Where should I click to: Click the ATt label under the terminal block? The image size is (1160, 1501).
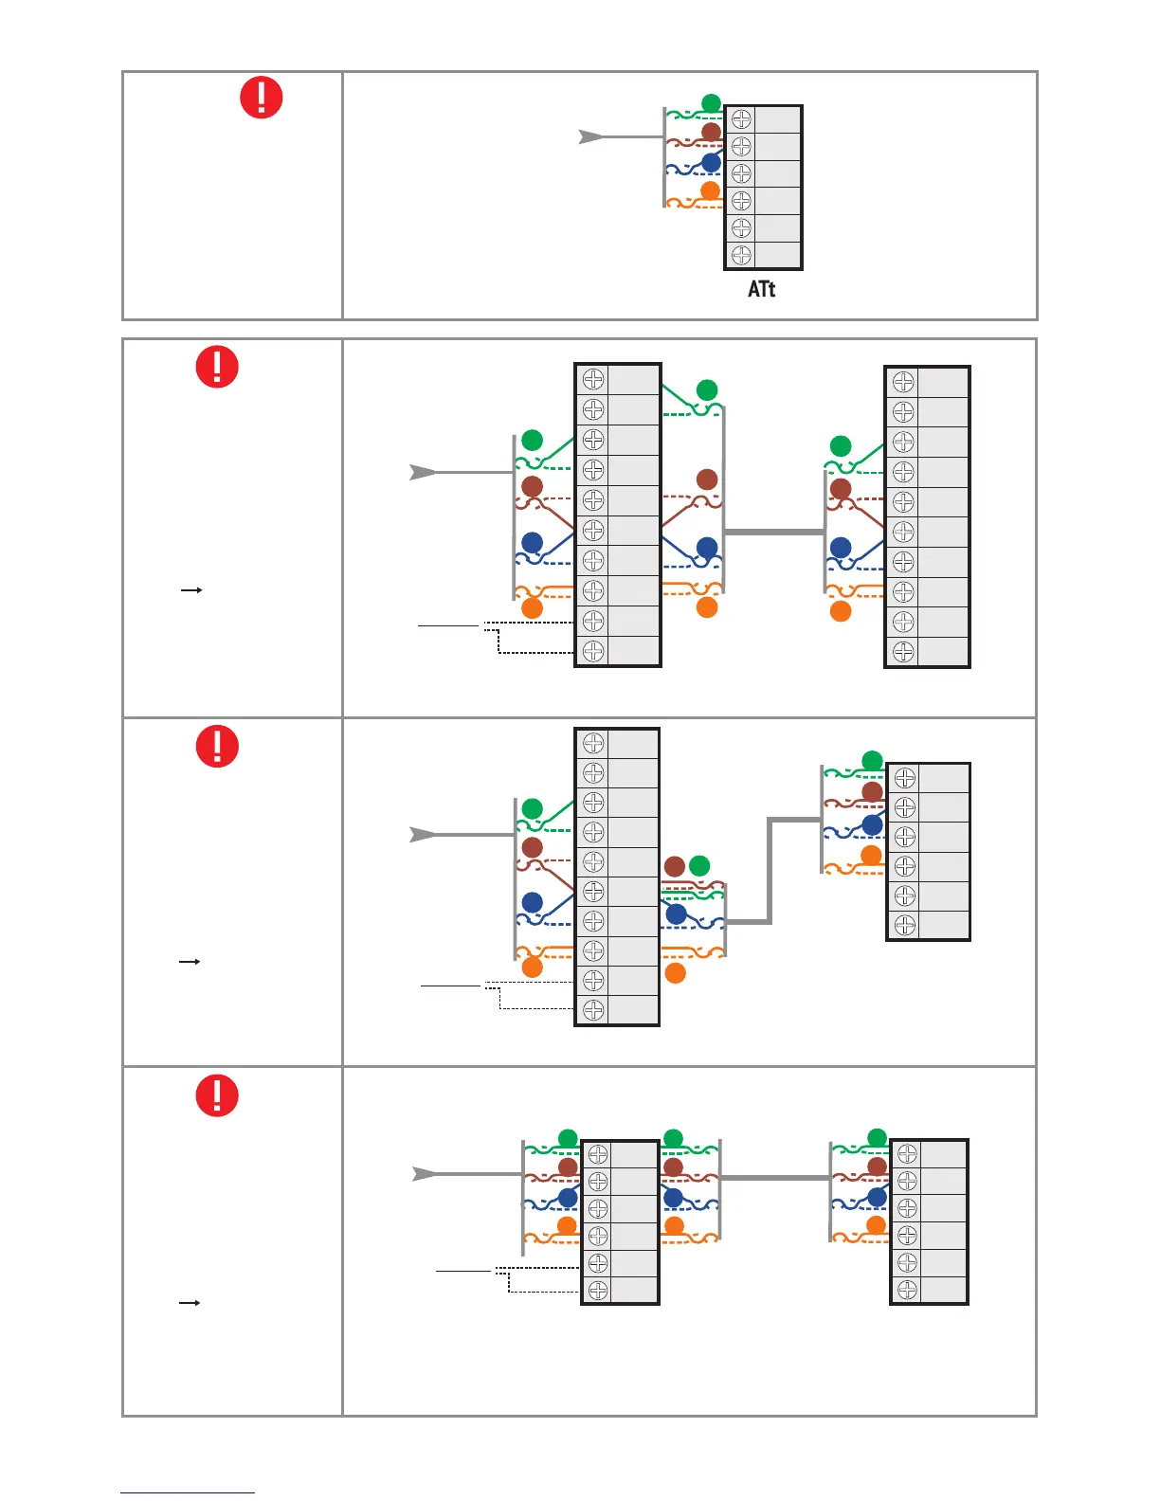point(761,289)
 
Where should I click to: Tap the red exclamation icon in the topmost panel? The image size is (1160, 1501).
point(261,98)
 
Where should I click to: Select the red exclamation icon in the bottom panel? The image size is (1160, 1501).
point(217,1096)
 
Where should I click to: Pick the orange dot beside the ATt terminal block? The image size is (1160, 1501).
point(710,191)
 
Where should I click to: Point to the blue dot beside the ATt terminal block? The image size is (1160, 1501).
point(711,163)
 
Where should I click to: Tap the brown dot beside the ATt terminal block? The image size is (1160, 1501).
point(711,133)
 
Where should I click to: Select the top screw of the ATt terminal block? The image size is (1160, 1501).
point(741,119)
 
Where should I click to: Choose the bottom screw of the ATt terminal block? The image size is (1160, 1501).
point(741,255)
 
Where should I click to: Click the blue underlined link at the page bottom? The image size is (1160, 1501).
point(188,1492)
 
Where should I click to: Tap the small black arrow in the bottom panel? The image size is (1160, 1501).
point(190,1303)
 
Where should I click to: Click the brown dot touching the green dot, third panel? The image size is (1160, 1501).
point(675,866)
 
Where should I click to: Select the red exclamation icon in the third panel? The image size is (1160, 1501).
point(217,746)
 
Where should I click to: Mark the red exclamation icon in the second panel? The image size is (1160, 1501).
point(217,367)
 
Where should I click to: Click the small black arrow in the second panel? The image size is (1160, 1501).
point(191,589)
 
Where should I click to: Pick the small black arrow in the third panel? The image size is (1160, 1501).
point(190,961)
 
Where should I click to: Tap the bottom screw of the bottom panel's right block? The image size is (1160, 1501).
point(907,1290)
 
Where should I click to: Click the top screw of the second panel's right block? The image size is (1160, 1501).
point(903,382)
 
